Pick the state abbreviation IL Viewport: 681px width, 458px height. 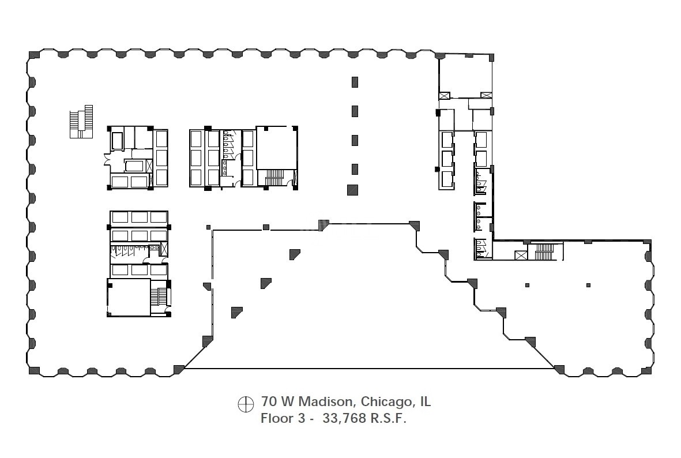tap(425, 401)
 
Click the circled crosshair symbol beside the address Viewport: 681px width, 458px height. tap(246, 404)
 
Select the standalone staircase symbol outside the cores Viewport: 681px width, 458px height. tap(81, 122)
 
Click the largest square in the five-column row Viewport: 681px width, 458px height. tap(353, 190)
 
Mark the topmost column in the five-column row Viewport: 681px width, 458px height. tap(355, 82)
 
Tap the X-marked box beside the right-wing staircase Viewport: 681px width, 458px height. tap(521, 256)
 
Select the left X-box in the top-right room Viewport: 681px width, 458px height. tap(445, 95)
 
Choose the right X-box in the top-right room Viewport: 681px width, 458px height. tap(486, 95)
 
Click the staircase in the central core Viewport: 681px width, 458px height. tap(274, 178)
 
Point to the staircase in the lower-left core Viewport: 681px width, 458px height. tap(161, 298)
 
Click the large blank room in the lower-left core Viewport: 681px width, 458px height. tap(129, 298)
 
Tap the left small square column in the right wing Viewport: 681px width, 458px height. tap(527, 286)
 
